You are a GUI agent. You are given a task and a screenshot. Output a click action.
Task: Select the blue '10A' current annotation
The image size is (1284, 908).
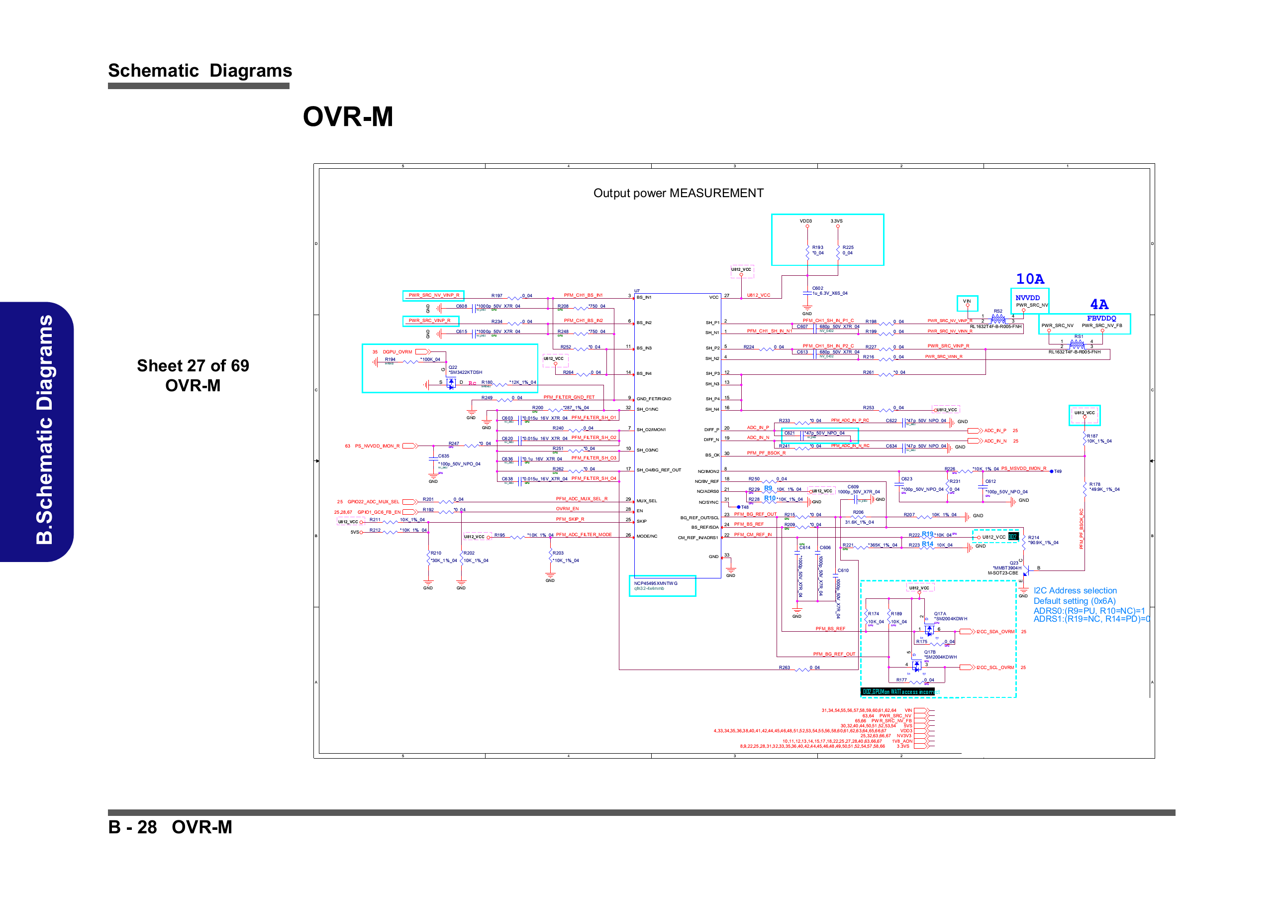click(1030, 279)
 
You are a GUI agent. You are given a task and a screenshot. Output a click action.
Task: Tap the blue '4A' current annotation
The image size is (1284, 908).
click(1099, 304)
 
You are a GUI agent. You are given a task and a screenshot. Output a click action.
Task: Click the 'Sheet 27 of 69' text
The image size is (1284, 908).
click(193, 365)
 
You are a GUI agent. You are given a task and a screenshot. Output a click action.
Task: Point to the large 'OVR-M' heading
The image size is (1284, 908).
click(348, 116)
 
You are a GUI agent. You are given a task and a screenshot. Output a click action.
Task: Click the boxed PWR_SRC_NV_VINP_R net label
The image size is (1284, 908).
click(433, 295)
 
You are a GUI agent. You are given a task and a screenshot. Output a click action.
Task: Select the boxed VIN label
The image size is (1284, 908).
click(967, 302)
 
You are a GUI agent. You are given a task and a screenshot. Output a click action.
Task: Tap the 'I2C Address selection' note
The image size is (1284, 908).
click(1075, 590)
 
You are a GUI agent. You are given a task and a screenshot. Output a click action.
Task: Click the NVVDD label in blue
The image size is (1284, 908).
click(1027, 298)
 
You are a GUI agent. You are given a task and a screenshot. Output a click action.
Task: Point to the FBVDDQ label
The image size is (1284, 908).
click(1101, 318)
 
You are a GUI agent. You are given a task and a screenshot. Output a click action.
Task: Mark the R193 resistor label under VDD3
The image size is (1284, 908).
click(817, 247)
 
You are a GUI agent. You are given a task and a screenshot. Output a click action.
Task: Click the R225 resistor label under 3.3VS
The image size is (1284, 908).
click(848, 247)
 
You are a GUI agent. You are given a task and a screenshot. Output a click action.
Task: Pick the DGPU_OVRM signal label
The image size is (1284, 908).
click(397, 352)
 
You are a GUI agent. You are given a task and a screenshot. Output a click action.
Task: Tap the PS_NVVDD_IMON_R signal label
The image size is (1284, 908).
click(377, 446)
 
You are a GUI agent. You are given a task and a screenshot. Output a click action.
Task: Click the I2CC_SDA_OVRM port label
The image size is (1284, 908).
click(995, 632)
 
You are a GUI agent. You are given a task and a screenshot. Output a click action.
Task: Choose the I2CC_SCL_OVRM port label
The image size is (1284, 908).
click(995, 668)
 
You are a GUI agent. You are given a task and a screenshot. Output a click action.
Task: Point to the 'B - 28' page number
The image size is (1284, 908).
click(132, 827)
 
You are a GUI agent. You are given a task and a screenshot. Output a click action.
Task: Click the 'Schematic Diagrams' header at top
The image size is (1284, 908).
click(199, 71)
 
